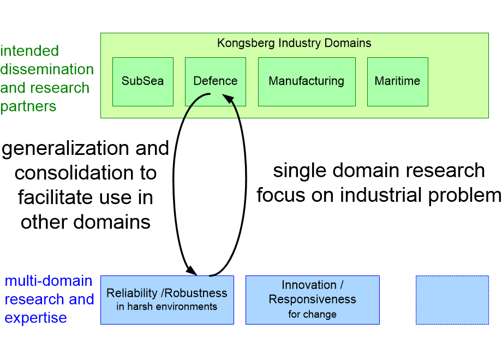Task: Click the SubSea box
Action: (142, 81)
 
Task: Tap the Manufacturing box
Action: (306, 81)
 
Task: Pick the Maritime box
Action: (397, 81)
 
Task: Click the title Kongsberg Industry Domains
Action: (294, 43)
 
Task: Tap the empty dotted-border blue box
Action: (452, 300)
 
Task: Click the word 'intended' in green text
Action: (29, 51)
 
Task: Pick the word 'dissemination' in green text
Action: (47, 69)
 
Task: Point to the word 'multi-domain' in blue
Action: (49, 281)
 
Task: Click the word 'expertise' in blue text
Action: (35, 318)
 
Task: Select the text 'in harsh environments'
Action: (167, 307)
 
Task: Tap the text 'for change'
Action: (312, 314)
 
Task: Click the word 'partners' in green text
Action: (28, 106)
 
